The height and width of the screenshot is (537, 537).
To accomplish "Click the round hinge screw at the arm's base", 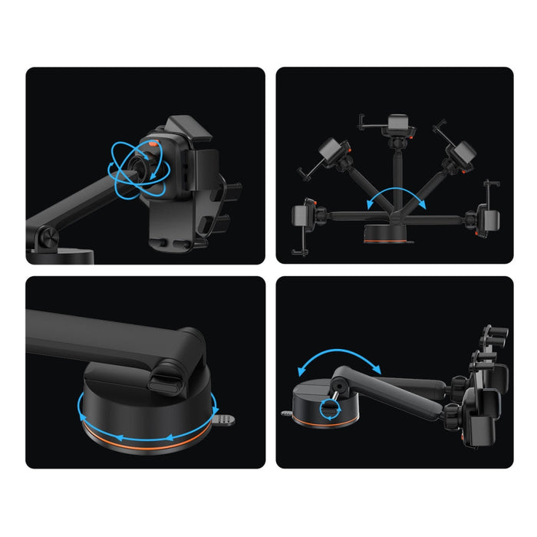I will pyautogui.click(x=44, y=239).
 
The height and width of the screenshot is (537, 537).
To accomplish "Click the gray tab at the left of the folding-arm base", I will pyautogui.click(x=287, y=413).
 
